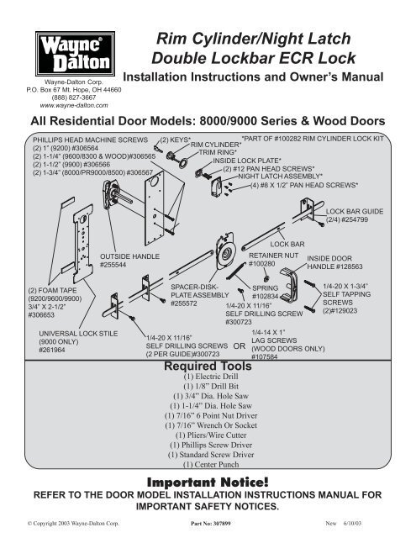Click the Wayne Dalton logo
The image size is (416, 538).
pyautogui.click(x=75, y=54)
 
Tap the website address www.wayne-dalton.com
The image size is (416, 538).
pyautogui.click(x=74, y=106)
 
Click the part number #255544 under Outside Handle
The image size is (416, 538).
pyautogui.click(x=113, y=265)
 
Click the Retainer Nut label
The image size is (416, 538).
pyautogui.click(x=274, y=256)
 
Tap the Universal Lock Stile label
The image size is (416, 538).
pyautogui.click(x=78, y=334)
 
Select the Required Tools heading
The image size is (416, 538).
pyautogui.click(x=208, y=366)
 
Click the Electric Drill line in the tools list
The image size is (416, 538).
pyautogui.click(x=211, y=377)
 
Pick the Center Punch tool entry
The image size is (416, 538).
pyautogui.click(x=211, y=465)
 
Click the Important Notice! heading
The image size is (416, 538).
pyautogui.click(x=208, y=482)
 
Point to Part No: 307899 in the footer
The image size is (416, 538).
pyautogui.click(x=211, y=524)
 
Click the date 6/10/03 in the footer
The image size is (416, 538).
pyautogui.click(x=352, y=524)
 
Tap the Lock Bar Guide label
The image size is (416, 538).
pyautogui.click(x=355, y=211)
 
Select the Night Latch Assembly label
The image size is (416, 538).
pyautogui.click(x=280, y=177)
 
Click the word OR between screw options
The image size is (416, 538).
pyautogui.click(x=240, y=345)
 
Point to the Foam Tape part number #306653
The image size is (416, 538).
pyautogui.click(x=41, y=315)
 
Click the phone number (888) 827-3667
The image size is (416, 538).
pyautogui.click(x=74, y=98)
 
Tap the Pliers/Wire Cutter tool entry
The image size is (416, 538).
pyautogui.click(x=211, y=435)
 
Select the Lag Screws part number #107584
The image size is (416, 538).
pyautogui.click(x=265, y=356)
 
